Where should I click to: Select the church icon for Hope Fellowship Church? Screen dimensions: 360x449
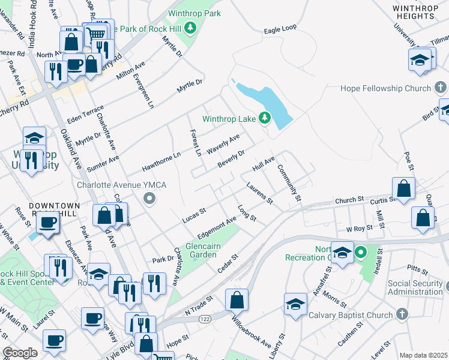coord(441,88)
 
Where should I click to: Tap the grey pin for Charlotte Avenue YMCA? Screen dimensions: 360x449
coord(150,199)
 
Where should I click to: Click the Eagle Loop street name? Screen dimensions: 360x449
coord(280,29)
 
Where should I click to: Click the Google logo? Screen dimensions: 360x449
coord(20,352)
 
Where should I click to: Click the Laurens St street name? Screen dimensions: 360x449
coord(260,193)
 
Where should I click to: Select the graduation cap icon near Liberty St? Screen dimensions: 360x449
coord(295,305)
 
